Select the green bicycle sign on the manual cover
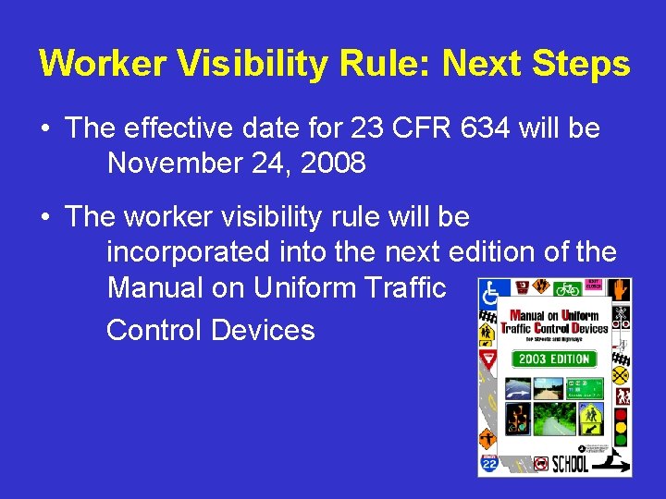click(567, 289)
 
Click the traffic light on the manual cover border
click(620, 427)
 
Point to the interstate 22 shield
click(489, 462)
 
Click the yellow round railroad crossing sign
click(621, 375)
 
